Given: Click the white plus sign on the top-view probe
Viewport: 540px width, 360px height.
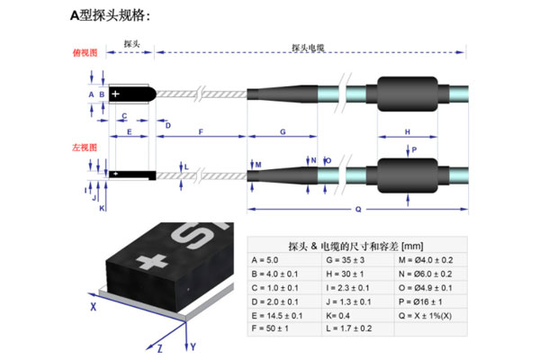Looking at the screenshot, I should click(x=116, y=94).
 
